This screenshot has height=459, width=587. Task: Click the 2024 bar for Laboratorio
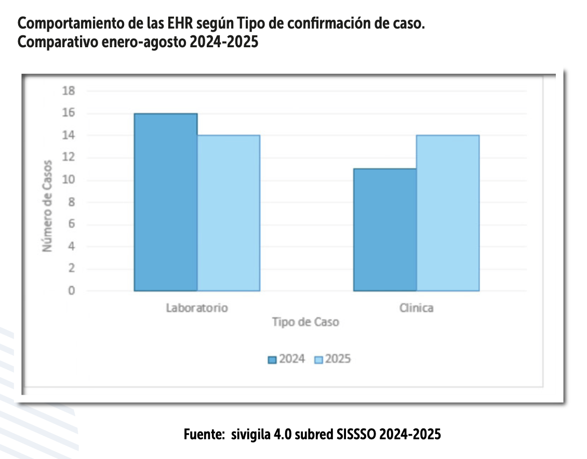click(x=166, y=202)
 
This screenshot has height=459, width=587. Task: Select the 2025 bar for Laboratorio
click(x=229, y=213)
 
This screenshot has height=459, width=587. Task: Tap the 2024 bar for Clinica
click(x=385, y=230)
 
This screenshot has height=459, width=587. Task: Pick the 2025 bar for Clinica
click(x=448, y=213)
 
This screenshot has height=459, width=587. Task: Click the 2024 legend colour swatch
click(x=272, y=360)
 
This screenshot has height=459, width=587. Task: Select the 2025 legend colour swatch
click(x=318, y=360)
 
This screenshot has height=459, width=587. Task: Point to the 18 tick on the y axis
click(x=69, y=91)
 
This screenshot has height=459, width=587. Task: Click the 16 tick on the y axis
click(x=69, y=113)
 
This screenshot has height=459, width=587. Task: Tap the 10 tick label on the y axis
click(x=69, y=180)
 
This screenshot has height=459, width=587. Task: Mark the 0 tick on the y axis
click(x=71, y=291)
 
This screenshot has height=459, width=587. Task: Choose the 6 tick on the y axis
click(x=71, y=224)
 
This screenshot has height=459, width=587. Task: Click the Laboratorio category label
click(x=197, y=307)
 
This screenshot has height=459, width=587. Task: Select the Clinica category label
click(x=416, y=308)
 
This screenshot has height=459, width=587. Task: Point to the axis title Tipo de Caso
click(x=305, y=322)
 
